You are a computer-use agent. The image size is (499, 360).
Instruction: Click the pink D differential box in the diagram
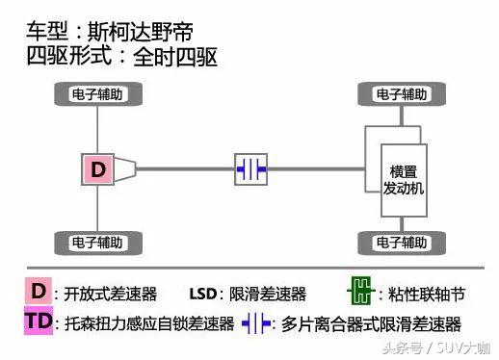point(98,169)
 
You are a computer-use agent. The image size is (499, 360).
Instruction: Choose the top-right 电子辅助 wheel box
point(400,94)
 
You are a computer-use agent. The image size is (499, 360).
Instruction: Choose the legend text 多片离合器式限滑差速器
point(371,323)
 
